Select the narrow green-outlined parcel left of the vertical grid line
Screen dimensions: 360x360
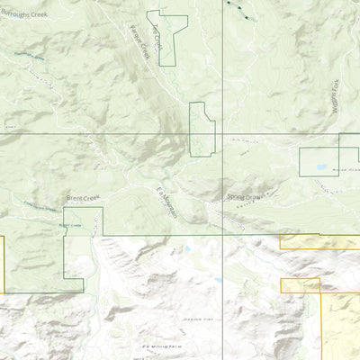click(202, 129)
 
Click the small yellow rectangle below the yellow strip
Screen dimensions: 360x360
click(301, 285)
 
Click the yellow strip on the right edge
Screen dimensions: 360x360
click(319, 241)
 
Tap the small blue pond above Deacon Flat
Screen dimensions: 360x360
click(217, 280)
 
